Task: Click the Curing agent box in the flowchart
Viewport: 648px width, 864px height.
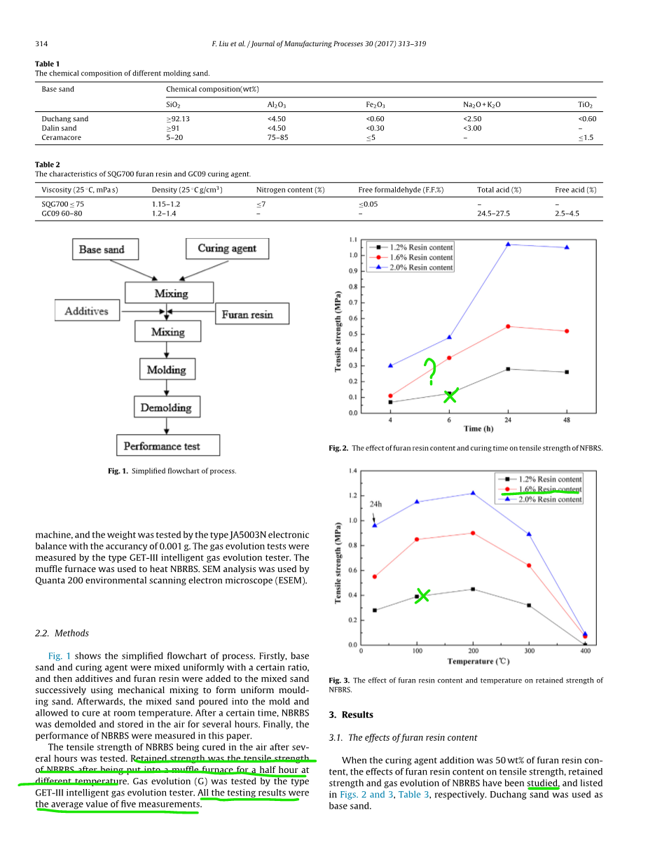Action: point(226,249)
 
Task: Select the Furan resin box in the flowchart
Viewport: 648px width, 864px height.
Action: point(247,314)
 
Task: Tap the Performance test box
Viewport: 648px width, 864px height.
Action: point(168,446)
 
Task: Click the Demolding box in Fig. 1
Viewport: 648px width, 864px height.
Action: point(166,407)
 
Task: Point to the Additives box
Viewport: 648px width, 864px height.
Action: point(86,311)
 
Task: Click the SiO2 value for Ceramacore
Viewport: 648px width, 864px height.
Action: point(174,138)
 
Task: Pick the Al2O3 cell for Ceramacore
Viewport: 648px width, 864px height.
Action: point(277,138)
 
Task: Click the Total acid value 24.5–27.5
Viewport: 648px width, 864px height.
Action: point(493,214)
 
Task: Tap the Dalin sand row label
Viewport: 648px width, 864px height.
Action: point(59,128)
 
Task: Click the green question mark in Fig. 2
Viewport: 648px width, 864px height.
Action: point(430,371)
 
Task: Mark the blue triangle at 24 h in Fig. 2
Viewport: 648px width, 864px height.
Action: point(508,244)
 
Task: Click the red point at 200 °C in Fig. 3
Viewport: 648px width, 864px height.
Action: point(473,533)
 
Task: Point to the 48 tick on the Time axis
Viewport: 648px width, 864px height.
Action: point(566,420)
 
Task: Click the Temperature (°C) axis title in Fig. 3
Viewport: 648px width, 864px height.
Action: point(478,661)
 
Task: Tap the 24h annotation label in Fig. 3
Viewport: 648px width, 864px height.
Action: point(375,503)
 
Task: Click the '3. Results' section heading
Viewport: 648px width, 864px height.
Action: point(351,715)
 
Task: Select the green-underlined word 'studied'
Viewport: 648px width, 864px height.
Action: point(543,783)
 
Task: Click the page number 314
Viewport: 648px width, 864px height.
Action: point(41,44)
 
